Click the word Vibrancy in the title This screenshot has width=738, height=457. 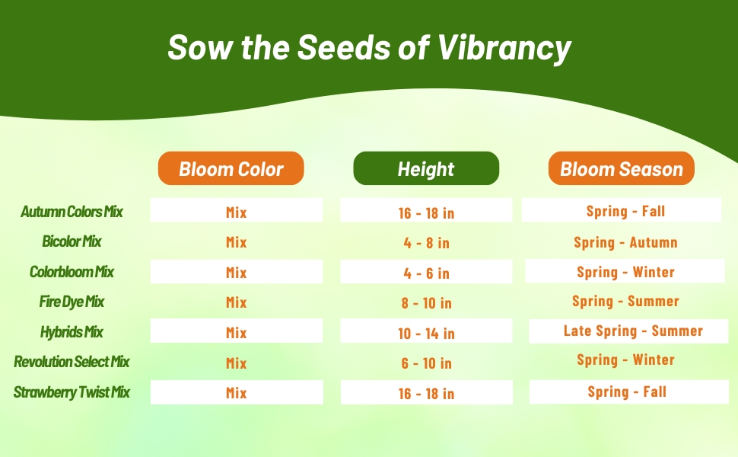[x=504, y=48]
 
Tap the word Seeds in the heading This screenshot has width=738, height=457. [x=340, y=48]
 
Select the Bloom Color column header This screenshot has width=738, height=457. [x=231, y=168]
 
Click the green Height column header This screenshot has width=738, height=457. [x=426, y=168]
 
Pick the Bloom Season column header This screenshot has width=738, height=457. [x=622, y=168]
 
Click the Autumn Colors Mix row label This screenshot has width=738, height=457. [x=72, y=211]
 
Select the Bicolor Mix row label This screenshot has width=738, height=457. [x=72, y=241]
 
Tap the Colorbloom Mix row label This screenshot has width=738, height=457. [x=72, y=272]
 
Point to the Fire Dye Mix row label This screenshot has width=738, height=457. [x=72, y=302]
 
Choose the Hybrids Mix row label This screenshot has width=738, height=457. [x=72, y=332]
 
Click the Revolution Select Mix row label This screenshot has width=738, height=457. [x=72, y=362]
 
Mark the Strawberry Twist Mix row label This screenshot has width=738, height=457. [x=72, y=392]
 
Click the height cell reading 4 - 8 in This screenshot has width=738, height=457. [x=426, y=243]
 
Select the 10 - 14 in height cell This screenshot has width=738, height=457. [x=426, y=333]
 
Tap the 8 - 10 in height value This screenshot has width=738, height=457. [x=426, y=303]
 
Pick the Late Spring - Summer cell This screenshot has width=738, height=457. [x=633, y=331]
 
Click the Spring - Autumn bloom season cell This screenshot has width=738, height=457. [x=625, y=243]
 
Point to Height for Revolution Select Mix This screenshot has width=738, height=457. [x=426, y=363]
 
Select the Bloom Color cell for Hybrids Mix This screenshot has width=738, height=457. [x=237, y=333]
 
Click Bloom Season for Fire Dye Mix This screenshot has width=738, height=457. [x=625, y=302]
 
